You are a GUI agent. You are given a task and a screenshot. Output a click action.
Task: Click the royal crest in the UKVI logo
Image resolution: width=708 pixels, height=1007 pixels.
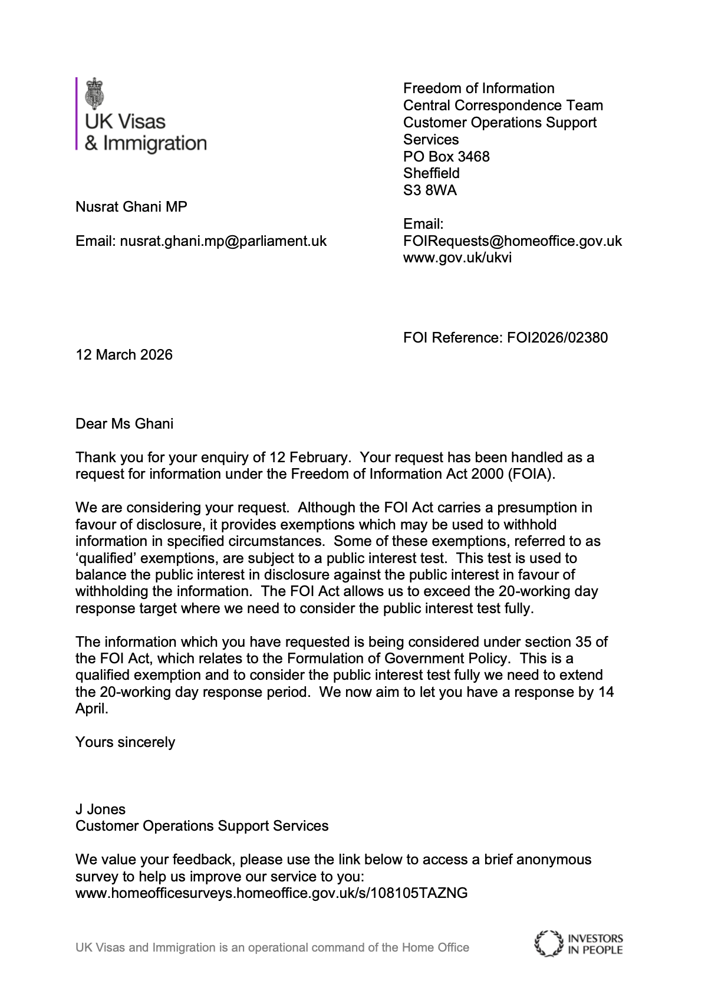[94, 93]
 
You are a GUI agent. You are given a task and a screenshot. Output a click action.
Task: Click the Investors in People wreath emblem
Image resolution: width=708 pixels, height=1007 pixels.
[548, 943]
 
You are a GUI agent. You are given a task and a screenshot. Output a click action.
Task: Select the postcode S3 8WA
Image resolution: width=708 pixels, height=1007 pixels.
[430, 190]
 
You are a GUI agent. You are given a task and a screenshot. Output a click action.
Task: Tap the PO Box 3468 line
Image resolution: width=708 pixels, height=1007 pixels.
[446, 156]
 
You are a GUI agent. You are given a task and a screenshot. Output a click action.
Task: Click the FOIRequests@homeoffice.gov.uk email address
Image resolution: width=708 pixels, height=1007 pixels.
[512, 241]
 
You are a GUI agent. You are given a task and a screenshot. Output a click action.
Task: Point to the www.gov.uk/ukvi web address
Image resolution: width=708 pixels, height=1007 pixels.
[457, 258]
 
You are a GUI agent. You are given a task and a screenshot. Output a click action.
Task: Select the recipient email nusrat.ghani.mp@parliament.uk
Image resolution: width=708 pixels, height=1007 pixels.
[223, 241]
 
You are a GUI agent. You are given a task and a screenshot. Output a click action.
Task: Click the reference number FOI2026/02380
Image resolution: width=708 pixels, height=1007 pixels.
[557, 338]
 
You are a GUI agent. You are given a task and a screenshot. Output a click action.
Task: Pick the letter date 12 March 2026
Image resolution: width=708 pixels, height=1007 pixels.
[124, 355]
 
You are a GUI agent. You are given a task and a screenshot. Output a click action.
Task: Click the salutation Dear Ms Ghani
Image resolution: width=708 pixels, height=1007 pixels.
[124, 424]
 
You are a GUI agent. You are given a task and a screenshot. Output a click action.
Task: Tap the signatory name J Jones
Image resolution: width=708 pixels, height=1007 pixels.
[100, 809]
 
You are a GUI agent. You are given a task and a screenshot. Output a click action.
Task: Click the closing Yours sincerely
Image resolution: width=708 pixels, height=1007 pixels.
[125, 742]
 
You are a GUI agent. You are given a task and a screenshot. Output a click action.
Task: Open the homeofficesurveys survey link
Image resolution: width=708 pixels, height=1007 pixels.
[271, 893]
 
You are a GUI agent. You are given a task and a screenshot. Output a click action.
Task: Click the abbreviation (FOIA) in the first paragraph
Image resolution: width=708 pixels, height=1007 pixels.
[531, 474]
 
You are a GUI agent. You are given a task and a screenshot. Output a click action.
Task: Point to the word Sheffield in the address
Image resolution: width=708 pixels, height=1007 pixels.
[431, 173]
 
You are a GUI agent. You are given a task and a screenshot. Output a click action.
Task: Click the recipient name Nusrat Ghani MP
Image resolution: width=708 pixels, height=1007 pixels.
[131, 207]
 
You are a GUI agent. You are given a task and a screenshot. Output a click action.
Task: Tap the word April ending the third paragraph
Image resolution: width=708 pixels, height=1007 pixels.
[91, 709]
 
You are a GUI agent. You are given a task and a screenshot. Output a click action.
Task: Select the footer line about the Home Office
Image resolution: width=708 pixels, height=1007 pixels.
[272, 947]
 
